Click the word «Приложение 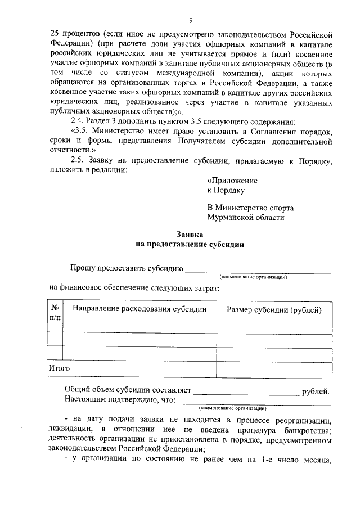232,181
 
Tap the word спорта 279,208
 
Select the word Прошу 81,267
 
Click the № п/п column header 56,314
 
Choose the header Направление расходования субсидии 139,309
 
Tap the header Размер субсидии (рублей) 274,309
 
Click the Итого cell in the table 59,368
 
